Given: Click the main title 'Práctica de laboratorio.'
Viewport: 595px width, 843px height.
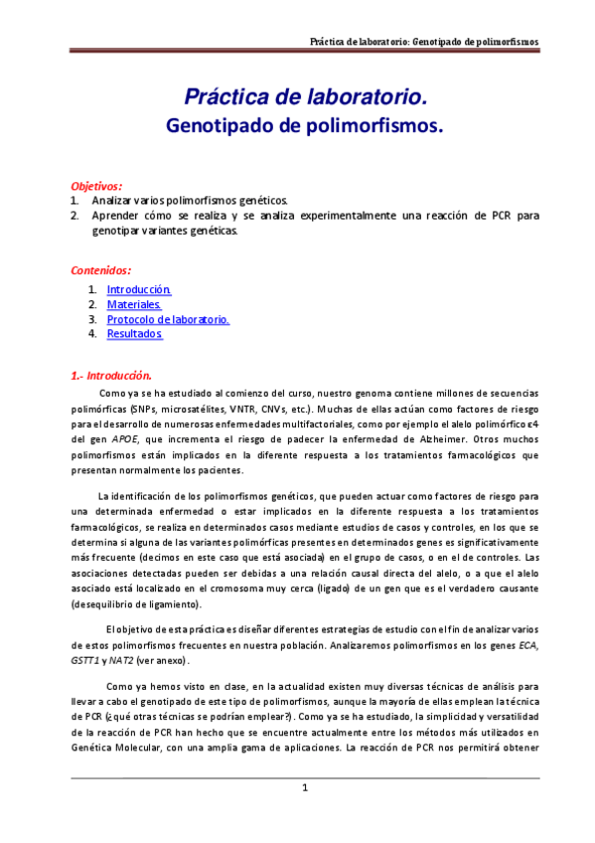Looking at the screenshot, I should click(306, 97).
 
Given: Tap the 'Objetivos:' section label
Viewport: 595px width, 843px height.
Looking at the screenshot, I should click(96, 186).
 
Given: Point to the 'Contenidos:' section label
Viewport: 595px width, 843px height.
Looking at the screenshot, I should click(100, 270).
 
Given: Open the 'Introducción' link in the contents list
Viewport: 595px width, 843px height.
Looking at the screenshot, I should click(139, 289).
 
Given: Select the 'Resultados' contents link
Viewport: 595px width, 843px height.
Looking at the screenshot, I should click(134, 335).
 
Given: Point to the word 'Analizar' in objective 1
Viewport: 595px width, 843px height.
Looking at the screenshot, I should click(111, 200).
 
